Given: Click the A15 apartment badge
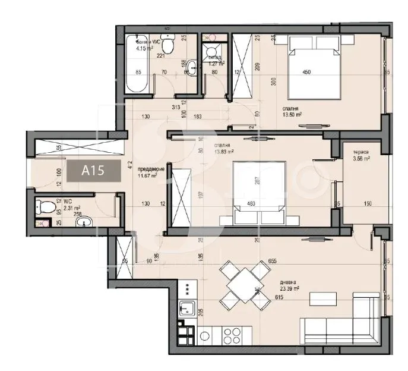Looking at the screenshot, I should [x=93, y=171].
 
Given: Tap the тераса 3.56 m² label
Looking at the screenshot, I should [x=361, y=156].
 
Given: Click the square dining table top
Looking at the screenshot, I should [x=241, y=285].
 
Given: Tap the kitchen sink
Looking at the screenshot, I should [x=188, y=309].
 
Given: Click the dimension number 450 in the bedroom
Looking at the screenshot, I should [x=306, y=73].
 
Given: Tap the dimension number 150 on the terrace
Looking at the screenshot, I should [x=368, y=204].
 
